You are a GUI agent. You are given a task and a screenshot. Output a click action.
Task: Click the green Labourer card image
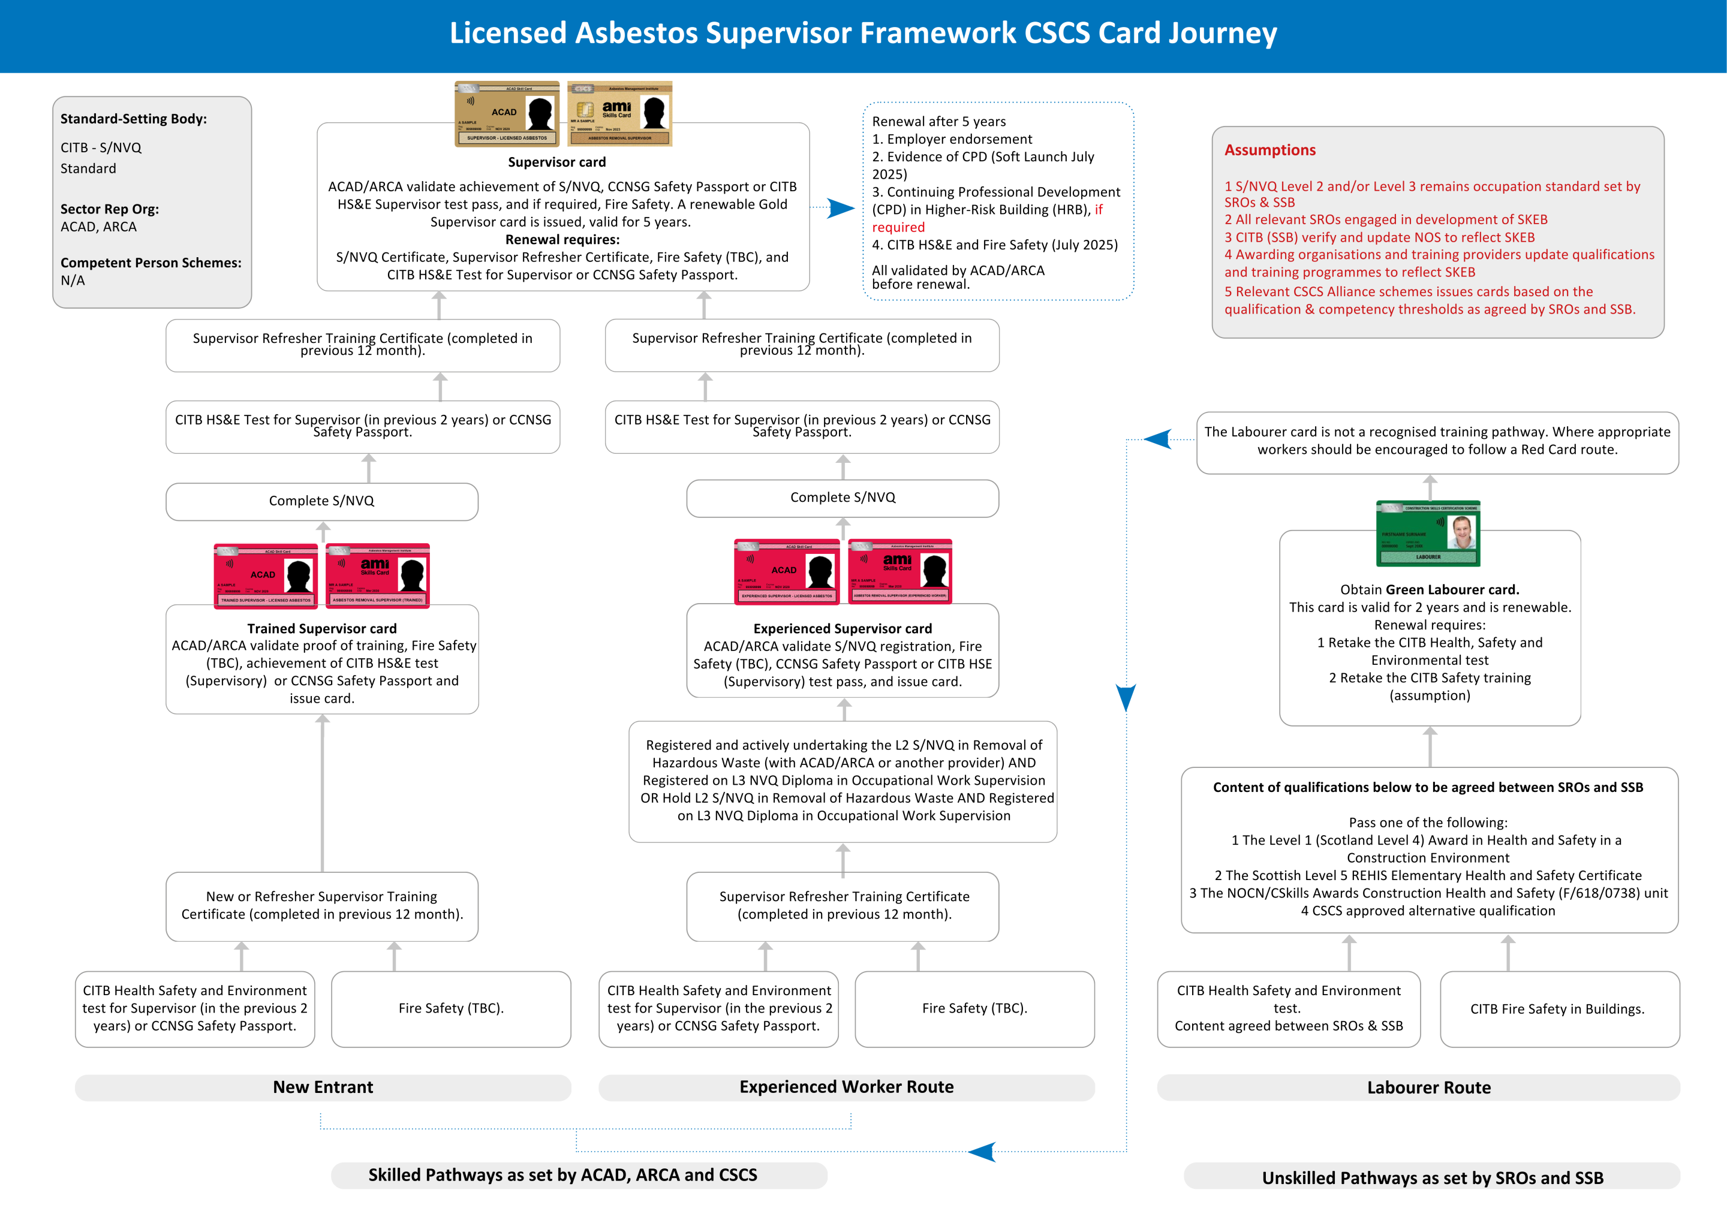[x=1428, y=533]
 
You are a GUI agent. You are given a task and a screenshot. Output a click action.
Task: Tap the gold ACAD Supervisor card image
[x=507, y=114]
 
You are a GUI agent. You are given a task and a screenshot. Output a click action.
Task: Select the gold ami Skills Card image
[x=619, y=114]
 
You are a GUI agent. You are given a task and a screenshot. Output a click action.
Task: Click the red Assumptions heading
[x=1270, y=150]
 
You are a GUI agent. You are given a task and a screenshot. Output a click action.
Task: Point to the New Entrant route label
[x=323, y=1087]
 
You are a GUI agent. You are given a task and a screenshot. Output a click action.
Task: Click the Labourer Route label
[x=1429, y=1088]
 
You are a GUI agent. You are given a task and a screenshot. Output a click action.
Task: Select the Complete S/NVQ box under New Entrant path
[x=321, y=501]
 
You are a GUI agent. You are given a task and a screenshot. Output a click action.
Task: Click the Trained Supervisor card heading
[x=321, y=628]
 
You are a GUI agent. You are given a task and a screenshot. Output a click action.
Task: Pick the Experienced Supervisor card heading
[x=842, y=628]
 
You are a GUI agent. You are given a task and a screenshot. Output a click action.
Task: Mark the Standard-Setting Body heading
[x=133, y=119]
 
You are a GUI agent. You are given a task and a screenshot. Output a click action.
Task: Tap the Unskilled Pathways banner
[x=1432, y=1178]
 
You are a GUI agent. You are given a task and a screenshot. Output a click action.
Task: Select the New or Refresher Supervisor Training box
[x=321, y=905]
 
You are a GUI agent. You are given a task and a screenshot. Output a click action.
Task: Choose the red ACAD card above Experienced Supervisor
[x=786, y=571]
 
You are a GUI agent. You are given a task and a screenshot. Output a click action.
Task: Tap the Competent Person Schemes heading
[x=151, y=263]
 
